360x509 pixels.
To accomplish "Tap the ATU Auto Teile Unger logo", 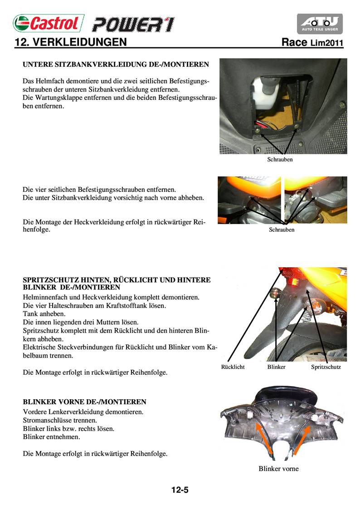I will coord(320,24).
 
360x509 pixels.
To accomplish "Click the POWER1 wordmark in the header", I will coord(132,24).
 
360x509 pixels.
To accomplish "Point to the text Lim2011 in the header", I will coord(326,44).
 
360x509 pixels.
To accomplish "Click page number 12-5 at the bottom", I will coord(180,490).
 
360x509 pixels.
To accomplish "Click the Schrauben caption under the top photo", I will coord(280,160).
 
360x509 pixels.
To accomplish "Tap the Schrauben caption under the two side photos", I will coord(282,230).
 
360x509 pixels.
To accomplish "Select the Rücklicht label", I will coord(233,367).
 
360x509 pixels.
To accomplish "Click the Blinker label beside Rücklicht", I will coord(277,367).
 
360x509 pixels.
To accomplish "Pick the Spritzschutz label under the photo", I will coord(326,367).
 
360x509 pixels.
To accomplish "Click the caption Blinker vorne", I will coord(278,469).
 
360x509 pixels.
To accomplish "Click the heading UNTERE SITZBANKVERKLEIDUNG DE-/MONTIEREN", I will coord(116,64).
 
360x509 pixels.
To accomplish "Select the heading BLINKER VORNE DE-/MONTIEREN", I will coord(84,402).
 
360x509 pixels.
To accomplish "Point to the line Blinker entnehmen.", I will coord(51,437).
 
